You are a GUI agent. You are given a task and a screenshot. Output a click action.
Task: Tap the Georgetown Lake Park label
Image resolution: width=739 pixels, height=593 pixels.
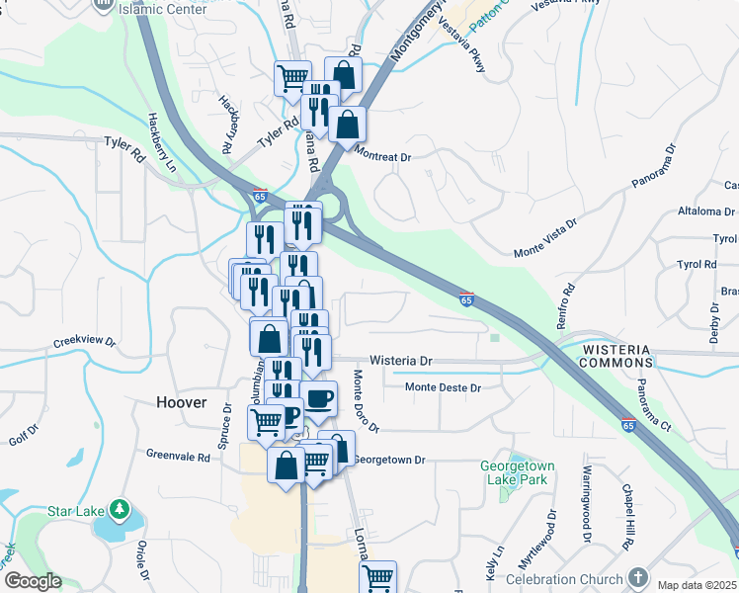(517, 472)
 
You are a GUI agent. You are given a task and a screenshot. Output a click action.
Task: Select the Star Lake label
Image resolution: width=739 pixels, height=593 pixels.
(73, 511)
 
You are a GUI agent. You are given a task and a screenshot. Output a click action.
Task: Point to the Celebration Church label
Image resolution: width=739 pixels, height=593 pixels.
(564, 579)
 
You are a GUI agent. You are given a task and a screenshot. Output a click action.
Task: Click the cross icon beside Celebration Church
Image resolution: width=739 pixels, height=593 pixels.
(637, 577)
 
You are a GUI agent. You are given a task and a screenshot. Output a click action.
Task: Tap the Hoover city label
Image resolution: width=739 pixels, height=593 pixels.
(182, 402)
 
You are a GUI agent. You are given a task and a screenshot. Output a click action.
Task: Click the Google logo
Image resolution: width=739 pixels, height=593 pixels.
(33, 581)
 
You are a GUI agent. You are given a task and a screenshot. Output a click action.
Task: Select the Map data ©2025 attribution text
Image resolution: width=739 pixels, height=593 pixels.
(696, 585)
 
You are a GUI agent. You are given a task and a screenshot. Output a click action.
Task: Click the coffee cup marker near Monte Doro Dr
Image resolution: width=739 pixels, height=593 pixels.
(318, 399)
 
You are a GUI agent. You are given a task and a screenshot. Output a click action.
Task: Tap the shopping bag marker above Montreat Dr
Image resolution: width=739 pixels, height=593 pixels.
(348, 125)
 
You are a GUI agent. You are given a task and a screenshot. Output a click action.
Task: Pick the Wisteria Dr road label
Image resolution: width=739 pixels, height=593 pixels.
(401, 362)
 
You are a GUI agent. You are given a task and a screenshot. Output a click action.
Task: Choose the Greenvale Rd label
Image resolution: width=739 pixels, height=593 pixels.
(178, 458)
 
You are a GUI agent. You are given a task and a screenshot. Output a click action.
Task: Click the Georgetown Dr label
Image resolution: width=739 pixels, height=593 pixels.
(389, 460)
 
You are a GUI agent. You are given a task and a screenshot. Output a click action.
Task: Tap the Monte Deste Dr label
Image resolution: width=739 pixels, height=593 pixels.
(443, 387)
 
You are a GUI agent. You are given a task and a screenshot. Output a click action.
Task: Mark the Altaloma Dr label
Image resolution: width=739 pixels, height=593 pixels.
(706, 212)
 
